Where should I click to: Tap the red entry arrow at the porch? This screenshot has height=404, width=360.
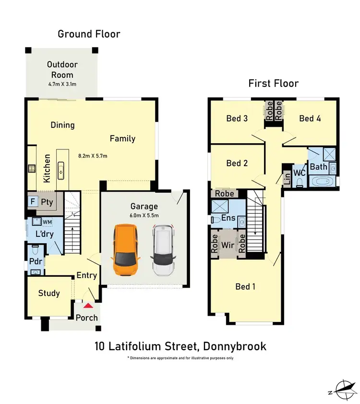pyautogui.click(x=88, y=305)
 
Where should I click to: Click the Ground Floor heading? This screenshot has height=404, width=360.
pyautogui.click(x=89, y=34)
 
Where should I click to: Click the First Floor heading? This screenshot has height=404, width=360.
pyautogui.click(x=273, y=83)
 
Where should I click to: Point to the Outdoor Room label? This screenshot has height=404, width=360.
pyautogui.click(x=62, y=70)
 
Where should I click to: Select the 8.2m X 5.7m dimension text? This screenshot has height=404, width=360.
pyautogui.click(x=93, y=156)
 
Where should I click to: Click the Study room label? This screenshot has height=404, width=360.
pyautogui.click(x=49, y=293)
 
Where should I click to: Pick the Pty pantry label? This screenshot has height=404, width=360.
pyautogui.click(x=47, y=202)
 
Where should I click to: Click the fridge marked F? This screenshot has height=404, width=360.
pyautogui.click(x=33, y=202)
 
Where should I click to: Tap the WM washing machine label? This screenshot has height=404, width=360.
pyautogui.click(x=47, y=222)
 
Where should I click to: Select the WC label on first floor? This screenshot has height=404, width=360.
pyautogui.click(x=300, y=172)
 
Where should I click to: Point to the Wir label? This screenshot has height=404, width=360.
pyautogui.click(x=227, y=245)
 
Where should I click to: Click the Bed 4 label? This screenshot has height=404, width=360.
pyautogui.click(x=310, y=118)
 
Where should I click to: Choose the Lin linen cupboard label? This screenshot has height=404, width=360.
pyautogui.click(x=287, y=178)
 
